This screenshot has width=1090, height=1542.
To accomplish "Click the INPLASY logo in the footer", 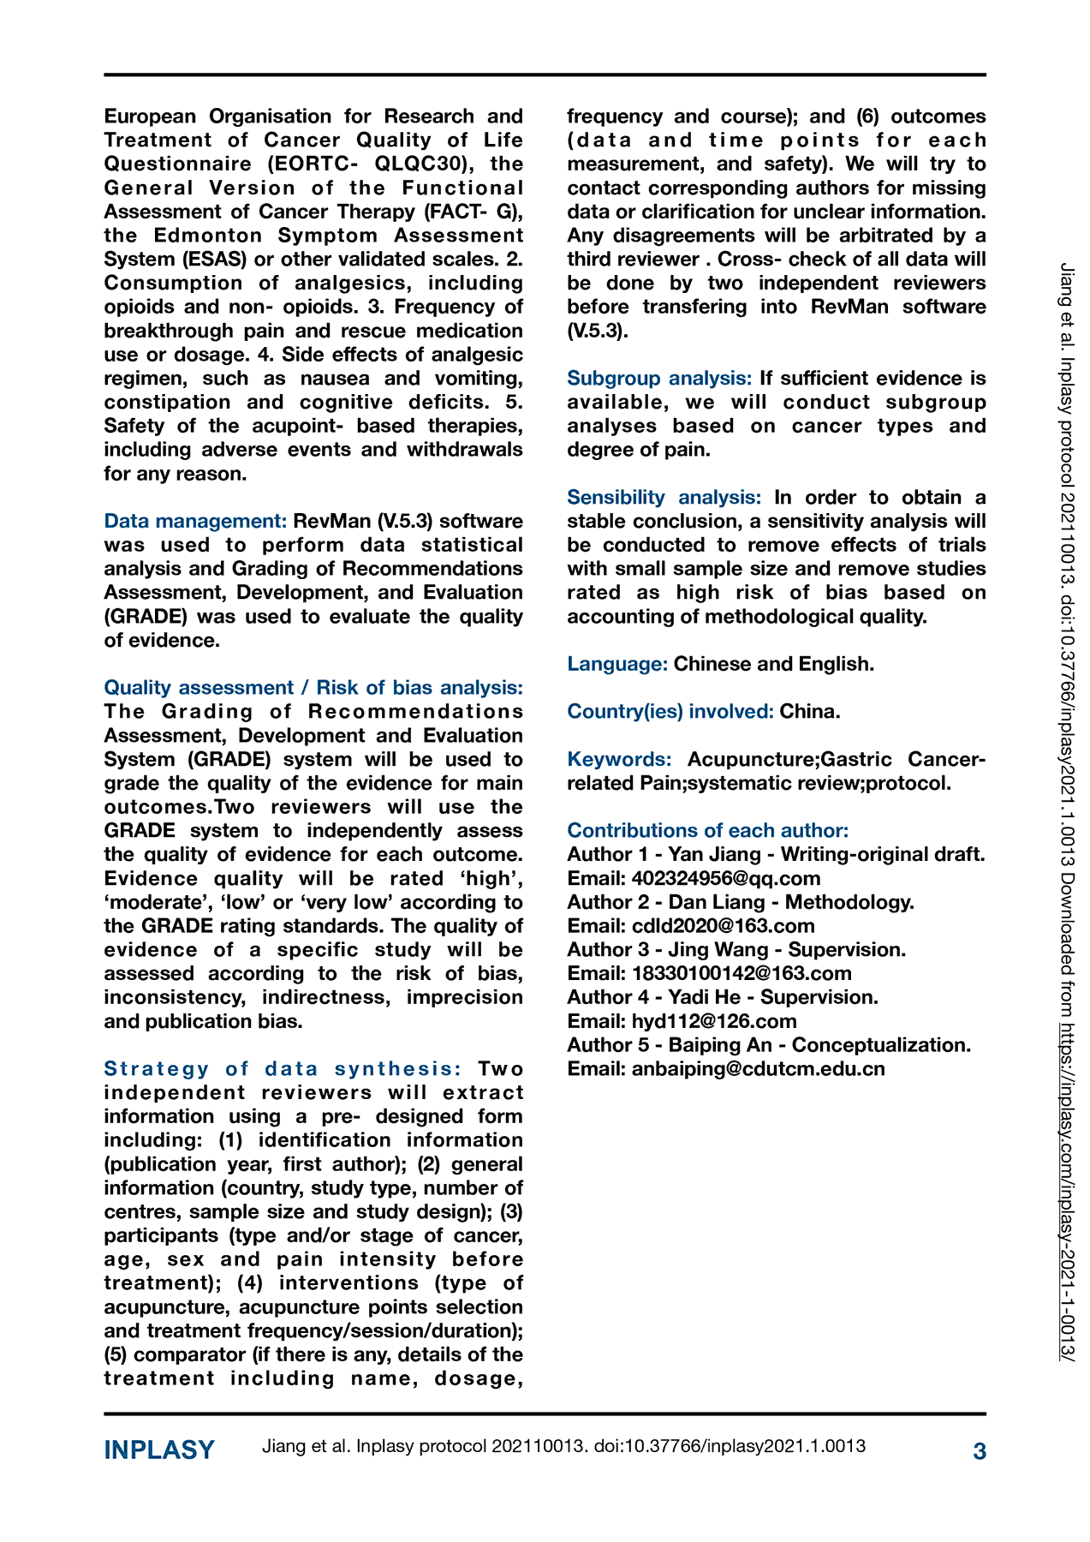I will pos(159,1450).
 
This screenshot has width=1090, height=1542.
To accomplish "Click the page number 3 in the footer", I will pos(980,1451).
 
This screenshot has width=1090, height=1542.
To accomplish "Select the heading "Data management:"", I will pos(195,521).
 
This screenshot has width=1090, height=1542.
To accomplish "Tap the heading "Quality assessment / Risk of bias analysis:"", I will pos(313,687).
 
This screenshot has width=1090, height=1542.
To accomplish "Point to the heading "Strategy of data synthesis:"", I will pos(283,1068).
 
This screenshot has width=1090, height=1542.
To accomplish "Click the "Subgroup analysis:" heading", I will pos(659,378).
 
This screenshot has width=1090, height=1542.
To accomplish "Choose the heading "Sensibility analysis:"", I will pos(664,497).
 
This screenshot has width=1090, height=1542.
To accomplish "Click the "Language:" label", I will pos(617,663).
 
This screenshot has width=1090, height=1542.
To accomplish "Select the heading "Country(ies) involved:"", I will pos(670,711).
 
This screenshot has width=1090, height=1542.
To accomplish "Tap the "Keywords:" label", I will pos(619,759).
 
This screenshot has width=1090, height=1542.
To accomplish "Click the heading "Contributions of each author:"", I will pos(708,830).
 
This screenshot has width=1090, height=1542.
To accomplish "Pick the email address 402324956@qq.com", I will pos(725,878).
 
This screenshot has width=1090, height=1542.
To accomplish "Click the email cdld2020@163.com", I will pos(723,926).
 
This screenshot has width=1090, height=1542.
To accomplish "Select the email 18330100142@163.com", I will pos(742,973).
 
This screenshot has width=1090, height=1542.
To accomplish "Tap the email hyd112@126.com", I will pos(714,1021).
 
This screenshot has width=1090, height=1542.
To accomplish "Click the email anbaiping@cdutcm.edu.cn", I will pos(758,1069).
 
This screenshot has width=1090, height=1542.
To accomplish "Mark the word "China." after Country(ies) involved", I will pos(810,711).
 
